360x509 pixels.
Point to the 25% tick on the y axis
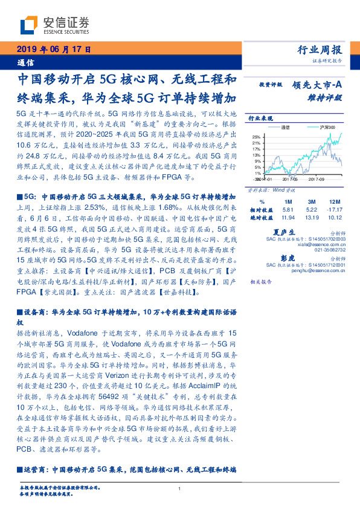coord(257,136)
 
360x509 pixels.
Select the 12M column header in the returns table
coord(333,201)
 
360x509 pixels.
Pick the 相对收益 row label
coord(260,209)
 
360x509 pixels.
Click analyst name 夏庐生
coord(283,232)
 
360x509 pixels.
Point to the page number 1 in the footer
coord(180,490)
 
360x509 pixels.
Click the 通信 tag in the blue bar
coord(25,62)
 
